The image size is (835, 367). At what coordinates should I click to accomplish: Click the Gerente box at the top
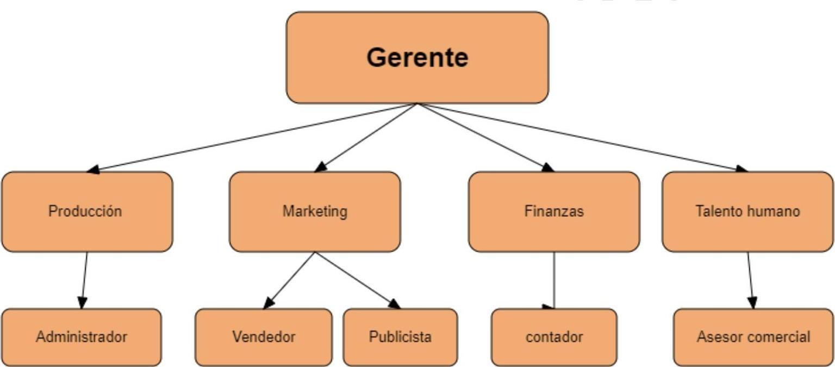point(417,57)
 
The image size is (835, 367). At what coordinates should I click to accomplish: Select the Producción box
point(87,211)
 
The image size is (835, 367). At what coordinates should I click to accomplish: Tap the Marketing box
point(315,211)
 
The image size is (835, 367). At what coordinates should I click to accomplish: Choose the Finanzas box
point(554,211)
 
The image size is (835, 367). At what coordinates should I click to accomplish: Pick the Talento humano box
point(747,211)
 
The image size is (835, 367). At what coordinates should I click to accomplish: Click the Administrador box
point(82,337)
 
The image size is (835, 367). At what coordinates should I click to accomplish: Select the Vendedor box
point(264,337)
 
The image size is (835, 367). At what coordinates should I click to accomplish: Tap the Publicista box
point(400,337)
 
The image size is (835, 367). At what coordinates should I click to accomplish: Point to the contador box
point(554,337)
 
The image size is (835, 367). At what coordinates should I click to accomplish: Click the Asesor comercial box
point(753,337)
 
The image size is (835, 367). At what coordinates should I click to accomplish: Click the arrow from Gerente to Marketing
point(366,137)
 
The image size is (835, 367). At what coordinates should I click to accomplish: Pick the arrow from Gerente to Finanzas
point(485,137)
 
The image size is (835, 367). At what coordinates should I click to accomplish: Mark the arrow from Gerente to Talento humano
point(582,137)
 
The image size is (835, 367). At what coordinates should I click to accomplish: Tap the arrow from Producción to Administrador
point(84,280)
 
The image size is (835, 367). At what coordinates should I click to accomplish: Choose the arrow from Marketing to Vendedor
point(289,280)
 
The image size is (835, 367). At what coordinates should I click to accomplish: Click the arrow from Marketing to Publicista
point(357,280)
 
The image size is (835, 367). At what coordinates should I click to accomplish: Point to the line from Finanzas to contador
point(554,280)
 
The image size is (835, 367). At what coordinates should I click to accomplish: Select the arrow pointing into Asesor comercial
point(750,280)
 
